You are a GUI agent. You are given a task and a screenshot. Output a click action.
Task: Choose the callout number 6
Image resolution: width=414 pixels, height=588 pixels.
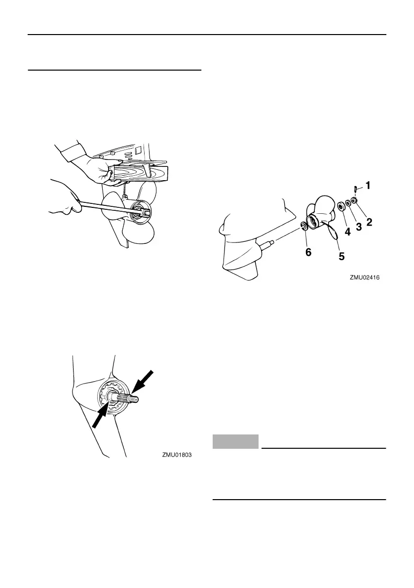click(x=308, y=251)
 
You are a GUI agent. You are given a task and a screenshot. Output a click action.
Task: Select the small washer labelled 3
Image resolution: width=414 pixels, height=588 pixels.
click(x=348, y=202)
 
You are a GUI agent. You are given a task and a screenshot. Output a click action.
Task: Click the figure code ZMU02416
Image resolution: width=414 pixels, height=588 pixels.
click(x=365, y=278)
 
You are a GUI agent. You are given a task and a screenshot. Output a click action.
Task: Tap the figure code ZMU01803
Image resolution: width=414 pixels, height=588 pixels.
click(x=177, y=455)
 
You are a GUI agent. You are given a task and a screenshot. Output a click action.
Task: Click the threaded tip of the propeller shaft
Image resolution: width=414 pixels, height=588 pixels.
click(x=136, y=397)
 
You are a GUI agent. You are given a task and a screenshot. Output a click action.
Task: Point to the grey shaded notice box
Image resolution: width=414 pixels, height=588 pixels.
click(x=235, y=441)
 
